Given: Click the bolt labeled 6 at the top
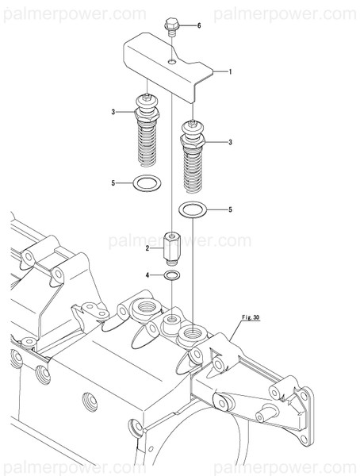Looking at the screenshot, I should click(x=170, y=27).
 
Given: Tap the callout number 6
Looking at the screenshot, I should click(x=199, y=26).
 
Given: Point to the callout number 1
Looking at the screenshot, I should click(x=230, y=72).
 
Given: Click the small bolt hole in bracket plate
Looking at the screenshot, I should click(x=172, y=59).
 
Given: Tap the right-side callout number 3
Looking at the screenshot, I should click(x=230, y=142).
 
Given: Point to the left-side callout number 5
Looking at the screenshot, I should click(x=114, y=183).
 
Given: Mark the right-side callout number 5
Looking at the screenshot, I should click(x=230, y=210).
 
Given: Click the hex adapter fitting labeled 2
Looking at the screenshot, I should click(x=172, y=248).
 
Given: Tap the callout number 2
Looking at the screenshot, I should click(x=147, y=248).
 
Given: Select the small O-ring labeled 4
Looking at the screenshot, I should click(x=172, y=275).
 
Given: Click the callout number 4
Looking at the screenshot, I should click(x=147, y=275).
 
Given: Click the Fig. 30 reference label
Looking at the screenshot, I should click(x=251, y=317).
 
